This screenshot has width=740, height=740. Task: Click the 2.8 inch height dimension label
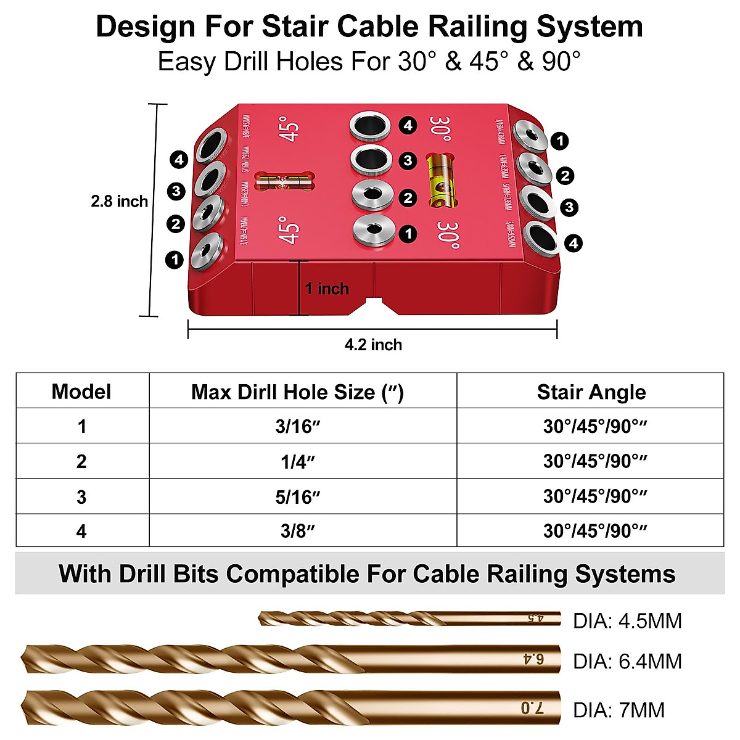[119, 201]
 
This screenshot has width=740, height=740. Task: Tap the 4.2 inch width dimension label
[373, 345]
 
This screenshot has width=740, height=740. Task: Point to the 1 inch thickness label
[327, 289]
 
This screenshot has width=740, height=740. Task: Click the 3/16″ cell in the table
[298, 427]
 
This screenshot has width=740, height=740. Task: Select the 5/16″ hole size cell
[298, 497]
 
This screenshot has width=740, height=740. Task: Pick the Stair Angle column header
[591, 392]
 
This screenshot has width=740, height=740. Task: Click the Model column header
[81, 392]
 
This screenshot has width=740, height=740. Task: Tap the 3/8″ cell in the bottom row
[298, 531]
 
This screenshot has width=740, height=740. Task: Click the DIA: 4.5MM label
[627, 620]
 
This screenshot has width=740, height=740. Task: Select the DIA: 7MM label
[619, 710]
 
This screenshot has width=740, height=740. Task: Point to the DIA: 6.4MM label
[627, 662]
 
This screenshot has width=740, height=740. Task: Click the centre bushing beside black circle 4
[368, 126]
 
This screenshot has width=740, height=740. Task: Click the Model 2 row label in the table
[81, 462]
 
